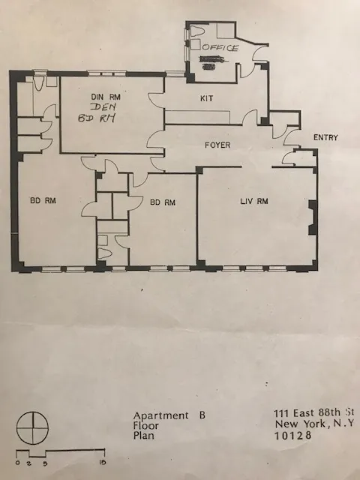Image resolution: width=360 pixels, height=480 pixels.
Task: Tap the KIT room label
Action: (x=207, y=98)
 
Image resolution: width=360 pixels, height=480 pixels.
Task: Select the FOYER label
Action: (x=217, y=145)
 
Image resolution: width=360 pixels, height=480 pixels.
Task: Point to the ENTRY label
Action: (x=325, y=137)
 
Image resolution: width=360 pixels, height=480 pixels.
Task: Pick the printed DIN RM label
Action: (x=106, y=97)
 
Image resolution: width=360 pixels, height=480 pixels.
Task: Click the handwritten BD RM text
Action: (x=97, y=120)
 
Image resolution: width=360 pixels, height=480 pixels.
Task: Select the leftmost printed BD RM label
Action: (x=43, y=201)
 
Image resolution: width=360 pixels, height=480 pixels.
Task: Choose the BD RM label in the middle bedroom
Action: (x=162, y=202)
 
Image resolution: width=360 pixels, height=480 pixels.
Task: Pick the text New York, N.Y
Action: (x=313, y=424)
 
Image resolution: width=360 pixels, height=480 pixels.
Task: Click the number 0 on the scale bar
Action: (x=16, y=463)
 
